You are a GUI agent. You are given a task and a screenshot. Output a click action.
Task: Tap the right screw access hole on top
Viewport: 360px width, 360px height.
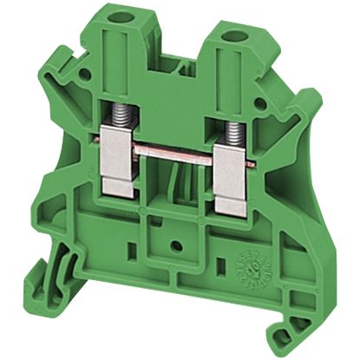[232, 38]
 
